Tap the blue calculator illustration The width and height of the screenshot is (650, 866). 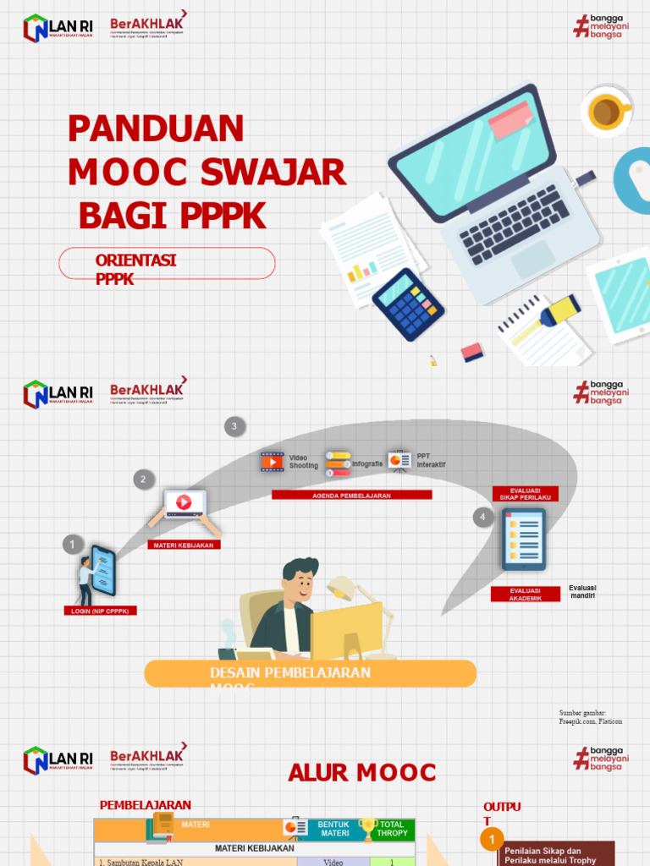pos(408,304)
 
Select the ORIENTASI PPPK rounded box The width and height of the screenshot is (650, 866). pos(167,263)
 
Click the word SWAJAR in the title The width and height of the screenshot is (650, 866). pos(273,173)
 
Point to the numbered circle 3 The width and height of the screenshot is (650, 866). pos(234,426)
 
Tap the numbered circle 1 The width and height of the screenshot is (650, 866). pos(73,545)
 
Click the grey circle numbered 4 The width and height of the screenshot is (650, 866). pos(483,517)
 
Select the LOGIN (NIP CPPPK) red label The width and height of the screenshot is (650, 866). pos(100,611)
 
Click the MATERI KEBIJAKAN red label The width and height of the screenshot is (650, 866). pos(185,545)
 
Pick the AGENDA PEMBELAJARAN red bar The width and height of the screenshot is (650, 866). pos(351,496)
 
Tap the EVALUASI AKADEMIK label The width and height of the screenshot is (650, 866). pos(525,595)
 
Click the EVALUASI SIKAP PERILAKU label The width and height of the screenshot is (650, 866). pos(526,494)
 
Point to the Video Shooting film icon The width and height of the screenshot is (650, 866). pos(272,461)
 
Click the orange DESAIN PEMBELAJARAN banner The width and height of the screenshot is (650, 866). pos(310,673)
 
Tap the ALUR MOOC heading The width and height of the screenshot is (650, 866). pos(361,772)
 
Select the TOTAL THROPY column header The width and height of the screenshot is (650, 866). pos(392,829)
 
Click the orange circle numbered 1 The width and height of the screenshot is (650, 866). pos(492,839)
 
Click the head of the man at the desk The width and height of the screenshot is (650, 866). pos(300,580)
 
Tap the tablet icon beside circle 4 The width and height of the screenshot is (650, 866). pos(523,540)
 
